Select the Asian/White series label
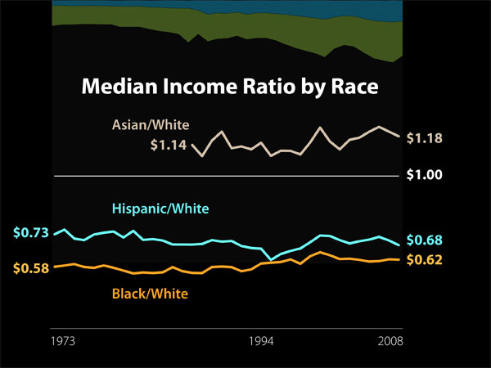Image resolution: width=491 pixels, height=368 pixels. pyautogui.click(x=150, y=126)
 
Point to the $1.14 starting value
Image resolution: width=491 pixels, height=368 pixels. pyautogui.click(x=169, y=146)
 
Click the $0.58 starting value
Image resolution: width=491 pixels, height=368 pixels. pyautogui.click(x=31, y=268)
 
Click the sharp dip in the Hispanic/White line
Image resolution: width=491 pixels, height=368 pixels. pyautogui.click(x=272, y=259)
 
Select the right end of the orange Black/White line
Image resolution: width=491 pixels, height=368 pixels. pyautogui.click(x=399, y=259)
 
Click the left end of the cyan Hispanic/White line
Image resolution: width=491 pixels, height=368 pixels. pyautogui.click(x=55, y=235)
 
